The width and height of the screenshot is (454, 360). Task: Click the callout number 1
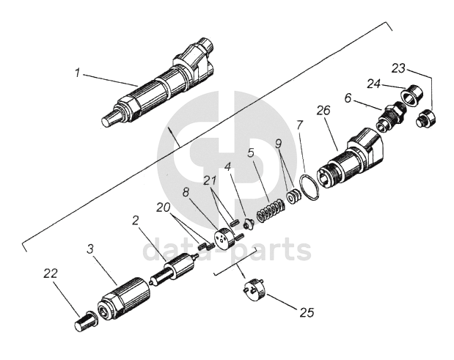click(x=77, y=73)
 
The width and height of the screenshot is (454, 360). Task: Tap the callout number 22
click(x=51, y=273)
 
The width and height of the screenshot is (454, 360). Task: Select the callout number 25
click(x=307, y=312)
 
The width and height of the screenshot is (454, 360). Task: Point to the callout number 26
click(x=323, y=111)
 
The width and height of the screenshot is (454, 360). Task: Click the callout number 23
click(x=399, y=69)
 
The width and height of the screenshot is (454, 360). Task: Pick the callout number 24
click(x=375, y=84)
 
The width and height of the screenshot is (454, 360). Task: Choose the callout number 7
click(x=299, y=125)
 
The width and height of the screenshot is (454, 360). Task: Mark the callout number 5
click(x=251, y=153)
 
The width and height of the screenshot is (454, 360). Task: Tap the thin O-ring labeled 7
click(x=310, y=188)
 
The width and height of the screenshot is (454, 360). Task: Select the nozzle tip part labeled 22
click(x=86, y=320)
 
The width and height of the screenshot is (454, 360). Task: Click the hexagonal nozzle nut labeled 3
click(x=124, y=298)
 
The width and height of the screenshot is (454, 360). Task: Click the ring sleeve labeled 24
click(x=411, y=93)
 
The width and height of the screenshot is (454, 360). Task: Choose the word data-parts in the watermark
click(x=227, y=249)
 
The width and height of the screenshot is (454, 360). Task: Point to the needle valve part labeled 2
click(x=174, y=268)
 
